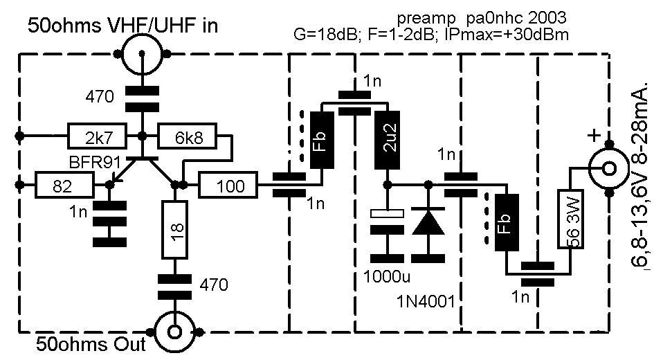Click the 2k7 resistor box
97,136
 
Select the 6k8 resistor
187,136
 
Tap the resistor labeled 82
64,186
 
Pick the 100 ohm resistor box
228,186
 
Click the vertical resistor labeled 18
174,230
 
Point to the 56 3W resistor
571,219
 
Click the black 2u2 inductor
387,140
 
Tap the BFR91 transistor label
94,163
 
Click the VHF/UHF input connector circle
143,54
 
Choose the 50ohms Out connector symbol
174,332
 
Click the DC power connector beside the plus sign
609,168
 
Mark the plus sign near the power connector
594,136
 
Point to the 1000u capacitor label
386,277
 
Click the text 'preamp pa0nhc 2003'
481,18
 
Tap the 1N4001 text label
426,302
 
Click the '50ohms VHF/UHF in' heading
122,26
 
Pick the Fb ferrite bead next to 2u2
323,140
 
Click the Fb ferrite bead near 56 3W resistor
506,222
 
